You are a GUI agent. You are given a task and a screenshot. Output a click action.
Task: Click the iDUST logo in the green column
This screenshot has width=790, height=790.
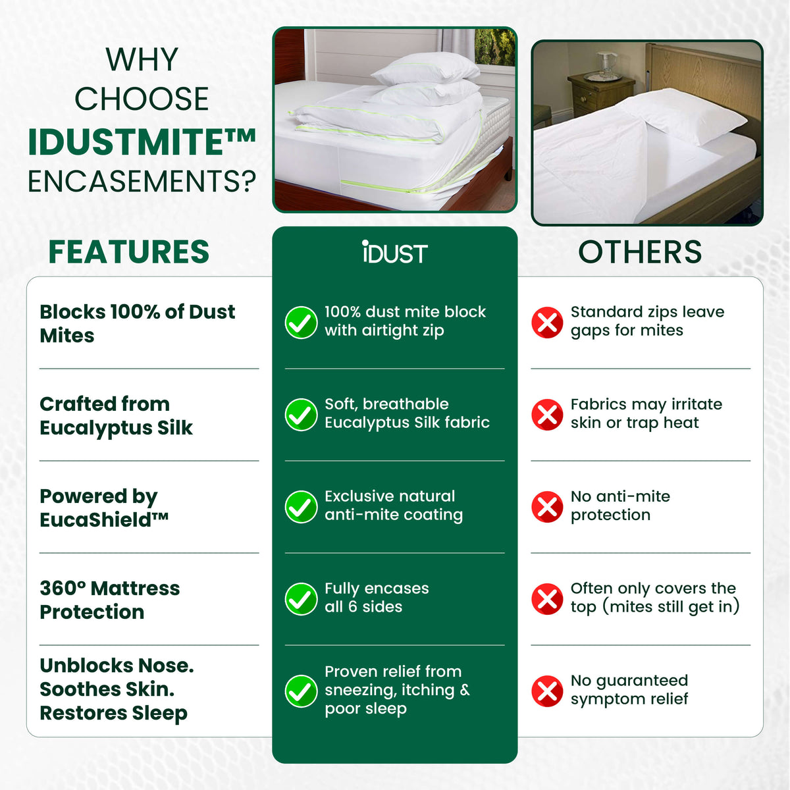[x=394, y=253]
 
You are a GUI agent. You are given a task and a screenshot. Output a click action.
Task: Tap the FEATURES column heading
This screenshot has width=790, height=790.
[x=129, y=252]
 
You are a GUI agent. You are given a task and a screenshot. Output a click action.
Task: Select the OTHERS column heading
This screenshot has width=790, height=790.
[x=640, y=252]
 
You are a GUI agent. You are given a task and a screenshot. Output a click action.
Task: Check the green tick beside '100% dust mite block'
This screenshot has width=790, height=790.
[x=301, y=322]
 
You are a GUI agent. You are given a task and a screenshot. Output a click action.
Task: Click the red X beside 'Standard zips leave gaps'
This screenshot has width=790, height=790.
[x=547, y=322]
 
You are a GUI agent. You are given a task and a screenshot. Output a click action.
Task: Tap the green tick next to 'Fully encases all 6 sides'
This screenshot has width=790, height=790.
[x=301, y=598]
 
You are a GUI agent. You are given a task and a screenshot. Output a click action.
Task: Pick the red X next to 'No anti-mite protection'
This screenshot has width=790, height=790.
[x=547, y=506]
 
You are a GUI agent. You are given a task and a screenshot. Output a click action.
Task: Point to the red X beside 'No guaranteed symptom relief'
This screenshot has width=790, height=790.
[x=547, y=691]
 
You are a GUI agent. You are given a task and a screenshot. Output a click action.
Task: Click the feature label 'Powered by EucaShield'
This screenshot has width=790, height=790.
[x=104, y=508]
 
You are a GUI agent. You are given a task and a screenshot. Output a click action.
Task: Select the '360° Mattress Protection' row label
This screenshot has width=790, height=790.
[x=109, y=600]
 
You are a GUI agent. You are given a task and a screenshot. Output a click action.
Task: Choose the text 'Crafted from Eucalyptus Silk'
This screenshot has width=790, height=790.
[x=116, y=415]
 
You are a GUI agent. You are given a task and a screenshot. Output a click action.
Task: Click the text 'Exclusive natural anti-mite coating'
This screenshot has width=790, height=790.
[x=393, y=506]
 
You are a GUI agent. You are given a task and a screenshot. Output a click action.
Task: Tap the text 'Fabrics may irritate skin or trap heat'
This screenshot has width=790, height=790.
[x=646, y=413]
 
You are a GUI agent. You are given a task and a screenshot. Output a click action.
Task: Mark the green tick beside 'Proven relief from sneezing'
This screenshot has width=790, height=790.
[x=301, y=691]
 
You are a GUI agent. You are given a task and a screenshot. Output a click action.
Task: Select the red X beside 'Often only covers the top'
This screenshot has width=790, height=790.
[x=547, y=598]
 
